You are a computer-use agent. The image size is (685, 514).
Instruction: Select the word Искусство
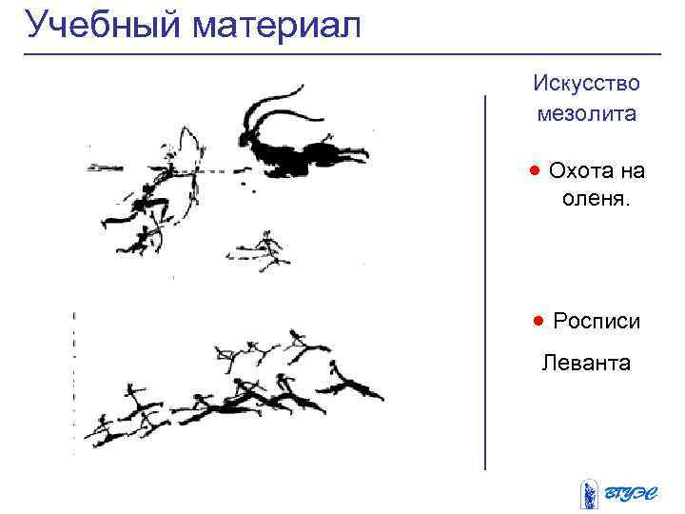point(586,83)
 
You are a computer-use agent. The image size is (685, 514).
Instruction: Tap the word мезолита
point(586,114)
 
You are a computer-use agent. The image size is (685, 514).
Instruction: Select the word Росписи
point(597,322)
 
